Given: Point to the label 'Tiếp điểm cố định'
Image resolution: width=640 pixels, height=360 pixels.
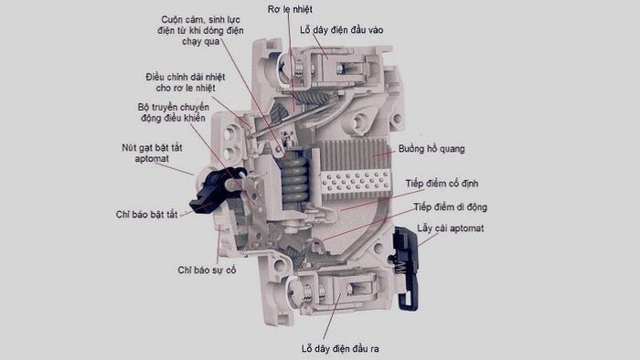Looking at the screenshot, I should point(447,184).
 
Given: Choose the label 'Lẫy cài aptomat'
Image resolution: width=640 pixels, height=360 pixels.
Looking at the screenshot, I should point(450,228).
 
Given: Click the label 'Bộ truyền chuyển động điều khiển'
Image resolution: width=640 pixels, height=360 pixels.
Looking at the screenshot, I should point(171,111).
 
